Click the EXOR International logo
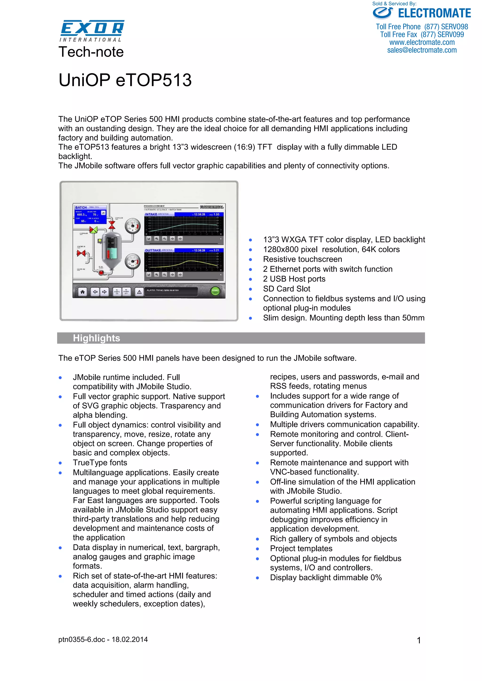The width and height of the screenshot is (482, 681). click(x=92, y=31)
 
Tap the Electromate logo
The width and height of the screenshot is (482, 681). click(x=422, y=13)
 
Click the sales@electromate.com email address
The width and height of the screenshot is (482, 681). click(x=422, y=50)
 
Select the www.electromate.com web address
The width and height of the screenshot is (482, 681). click(x=422, y=42)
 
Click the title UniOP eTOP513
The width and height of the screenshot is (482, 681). click(x=125, y=80)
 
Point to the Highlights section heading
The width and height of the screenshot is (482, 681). click(x=96, y=338)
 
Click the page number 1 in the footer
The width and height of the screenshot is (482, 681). click(x=419, y=640)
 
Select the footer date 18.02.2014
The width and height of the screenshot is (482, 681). click(x=130, y=639)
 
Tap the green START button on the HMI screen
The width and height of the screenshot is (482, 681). click(x=215, y=291)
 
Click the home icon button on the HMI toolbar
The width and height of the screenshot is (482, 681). click(x=83, y=292)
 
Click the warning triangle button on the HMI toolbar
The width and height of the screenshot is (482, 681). click(x=139, y=292)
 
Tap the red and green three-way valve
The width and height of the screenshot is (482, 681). click(x=93, y=230)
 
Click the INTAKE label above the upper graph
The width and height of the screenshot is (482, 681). click(x=151, y=214)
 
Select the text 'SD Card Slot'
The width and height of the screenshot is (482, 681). click(x=287, y=289)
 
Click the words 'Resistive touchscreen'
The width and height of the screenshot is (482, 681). click(x=302, y=259)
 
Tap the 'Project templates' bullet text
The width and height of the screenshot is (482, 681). click(x=301, y=548)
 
